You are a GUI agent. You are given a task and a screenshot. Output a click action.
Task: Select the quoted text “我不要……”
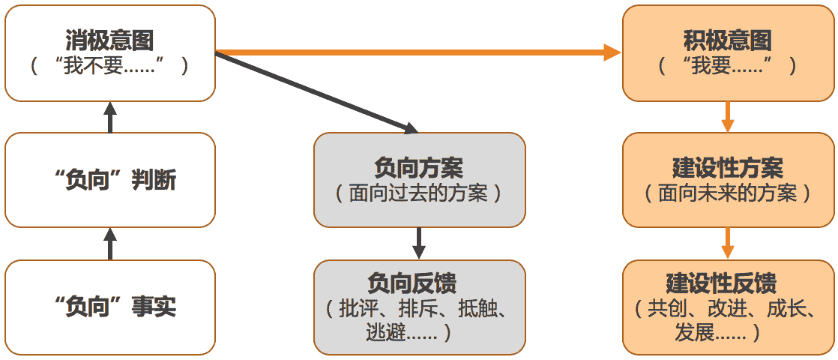109,66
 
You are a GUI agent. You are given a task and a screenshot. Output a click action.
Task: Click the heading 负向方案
419,166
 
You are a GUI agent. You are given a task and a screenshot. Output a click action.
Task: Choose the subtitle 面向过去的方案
419,193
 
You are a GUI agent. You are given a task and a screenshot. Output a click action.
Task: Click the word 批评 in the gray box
358,309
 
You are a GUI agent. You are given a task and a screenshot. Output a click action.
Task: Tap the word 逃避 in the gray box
385,332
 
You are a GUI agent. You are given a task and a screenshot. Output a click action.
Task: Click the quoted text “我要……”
727,66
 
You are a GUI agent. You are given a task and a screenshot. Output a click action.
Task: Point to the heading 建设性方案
727,166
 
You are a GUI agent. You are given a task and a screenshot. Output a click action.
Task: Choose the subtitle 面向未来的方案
727,193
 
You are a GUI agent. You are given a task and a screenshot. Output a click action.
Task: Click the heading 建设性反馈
721,283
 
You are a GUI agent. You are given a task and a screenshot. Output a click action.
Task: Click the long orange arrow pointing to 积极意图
420,52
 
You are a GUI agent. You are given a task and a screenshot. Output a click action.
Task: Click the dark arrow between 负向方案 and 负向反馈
419,242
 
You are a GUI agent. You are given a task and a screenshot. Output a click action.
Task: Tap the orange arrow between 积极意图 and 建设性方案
727,116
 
